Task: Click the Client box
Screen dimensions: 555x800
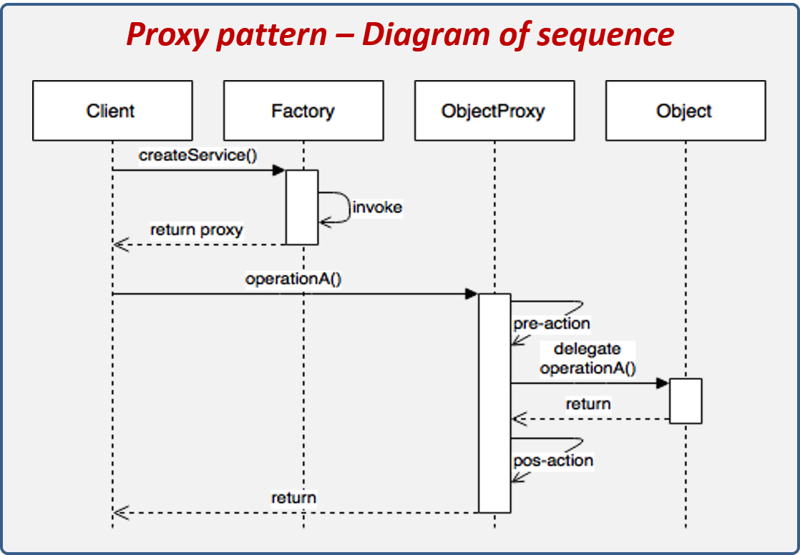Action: tap(112, 111)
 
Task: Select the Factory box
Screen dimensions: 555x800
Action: tap(303, 111)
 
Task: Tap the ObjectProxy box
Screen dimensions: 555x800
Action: tap(494, 111)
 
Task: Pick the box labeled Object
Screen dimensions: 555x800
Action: tap(685, 111)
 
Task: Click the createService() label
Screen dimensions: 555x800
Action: tap(197, 154)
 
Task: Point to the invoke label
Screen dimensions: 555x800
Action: tap(377, 207)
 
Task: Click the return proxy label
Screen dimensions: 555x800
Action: tap(196, 230)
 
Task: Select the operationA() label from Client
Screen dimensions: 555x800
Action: tap(293, 278)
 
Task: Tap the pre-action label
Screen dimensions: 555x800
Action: tap(551, 323)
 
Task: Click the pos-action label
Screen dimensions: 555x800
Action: tap(553, 461)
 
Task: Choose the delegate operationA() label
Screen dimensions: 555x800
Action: tap(587, 359)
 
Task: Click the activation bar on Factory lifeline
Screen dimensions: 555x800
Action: tap(302, 207)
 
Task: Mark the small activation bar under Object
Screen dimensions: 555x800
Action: tap(686, 401)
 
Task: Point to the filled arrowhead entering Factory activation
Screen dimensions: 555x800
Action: tap(279, 170)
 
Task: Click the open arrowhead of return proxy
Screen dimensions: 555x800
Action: tap(120, 245)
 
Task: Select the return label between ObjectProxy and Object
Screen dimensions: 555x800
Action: tap(588, 404)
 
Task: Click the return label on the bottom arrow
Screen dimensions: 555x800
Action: tap(293, 497)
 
